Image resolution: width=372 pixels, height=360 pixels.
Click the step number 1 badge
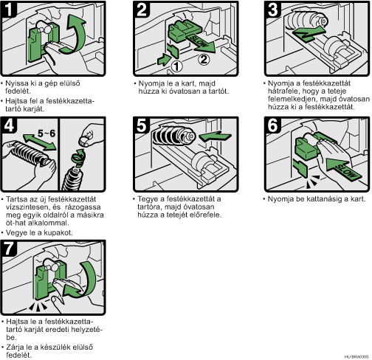9,10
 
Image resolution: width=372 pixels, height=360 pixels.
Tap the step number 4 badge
9,125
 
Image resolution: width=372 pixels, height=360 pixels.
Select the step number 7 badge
9,249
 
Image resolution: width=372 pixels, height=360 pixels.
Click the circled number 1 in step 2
176,66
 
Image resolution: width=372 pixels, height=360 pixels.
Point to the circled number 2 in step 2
204,59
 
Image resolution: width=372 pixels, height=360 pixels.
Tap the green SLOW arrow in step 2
201,44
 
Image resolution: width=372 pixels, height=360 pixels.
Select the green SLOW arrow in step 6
344,168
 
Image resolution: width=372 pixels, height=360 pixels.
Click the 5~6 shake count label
46,134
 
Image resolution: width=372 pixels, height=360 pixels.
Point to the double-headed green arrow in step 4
39,142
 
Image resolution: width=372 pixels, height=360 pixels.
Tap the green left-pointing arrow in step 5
215,136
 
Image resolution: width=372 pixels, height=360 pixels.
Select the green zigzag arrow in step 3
309,33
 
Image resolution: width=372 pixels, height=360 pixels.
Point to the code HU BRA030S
356,356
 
